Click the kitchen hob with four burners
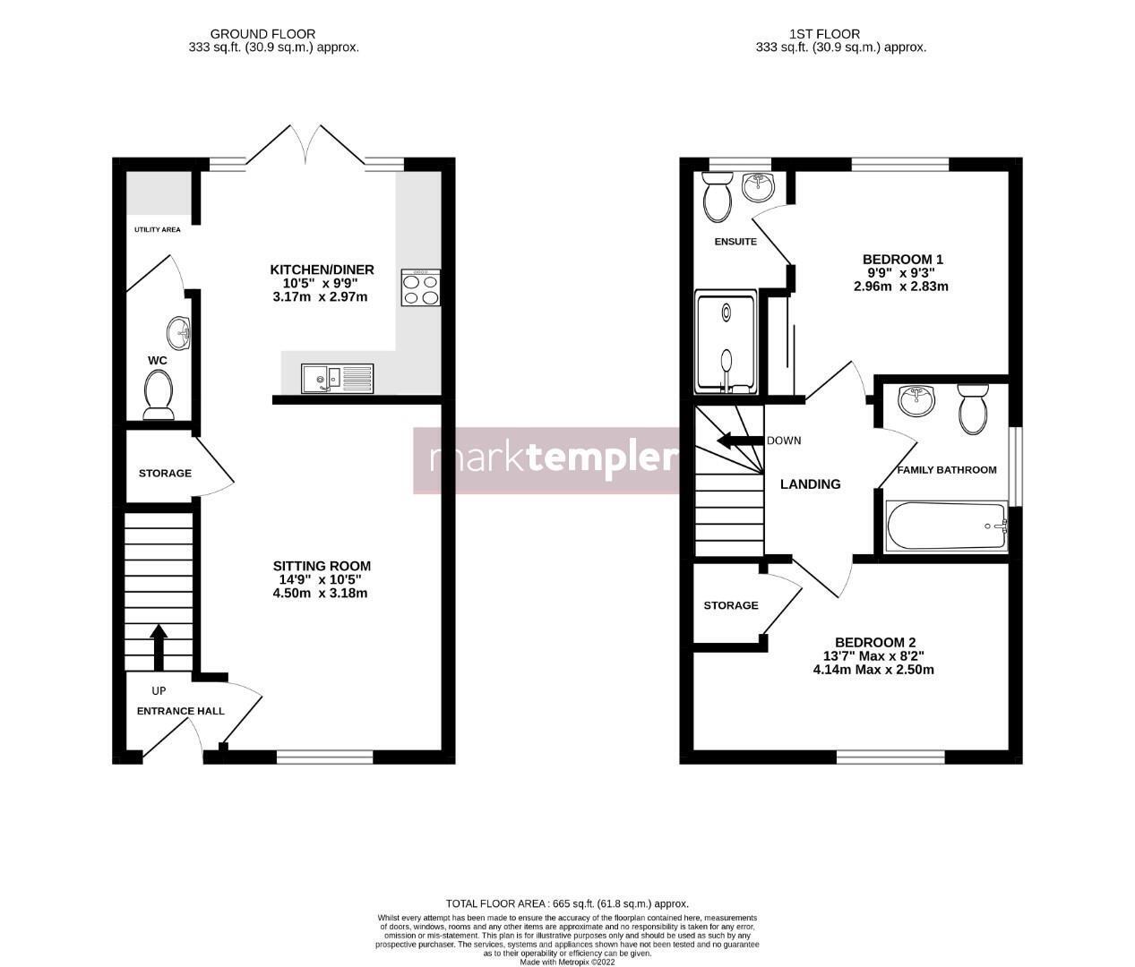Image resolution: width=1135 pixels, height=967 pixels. click(x=421, y=287)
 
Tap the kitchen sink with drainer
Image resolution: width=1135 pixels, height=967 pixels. click(x=337, y=379)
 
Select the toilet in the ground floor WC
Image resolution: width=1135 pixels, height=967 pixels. click(x=159, y=395)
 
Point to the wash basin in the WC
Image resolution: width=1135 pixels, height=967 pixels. click(x=178, y=333)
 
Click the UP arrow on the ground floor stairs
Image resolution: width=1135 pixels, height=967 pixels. click(x=159, y=647)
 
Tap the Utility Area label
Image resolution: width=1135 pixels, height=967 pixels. click(x=158, y=229)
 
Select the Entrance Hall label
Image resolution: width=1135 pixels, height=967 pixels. click(x=181, y=711)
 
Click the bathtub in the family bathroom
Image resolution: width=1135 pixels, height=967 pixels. click(x=947, y=526)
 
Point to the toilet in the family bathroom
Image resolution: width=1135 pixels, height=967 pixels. click(x=973, y=407)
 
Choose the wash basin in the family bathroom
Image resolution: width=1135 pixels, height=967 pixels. click(x=916, y=399)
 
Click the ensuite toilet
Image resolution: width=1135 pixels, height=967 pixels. click(x=718, y=196)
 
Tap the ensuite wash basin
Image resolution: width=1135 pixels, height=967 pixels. click(x=759, y=186)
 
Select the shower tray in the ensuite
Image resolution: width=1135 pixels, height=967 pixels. click(x=726, y=342)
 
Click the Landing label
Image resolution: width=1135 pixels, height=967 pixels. click(x=811, y=484)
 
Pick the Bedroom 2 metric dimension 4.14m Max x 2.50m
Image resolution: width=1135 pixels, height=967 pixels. click(x=873, y=670)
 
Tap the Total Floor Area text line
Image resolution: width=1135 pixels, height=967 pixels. click(x=567, y=903)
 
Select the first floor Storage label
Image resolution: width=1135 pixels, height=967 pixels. click(x=731, y=605)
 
